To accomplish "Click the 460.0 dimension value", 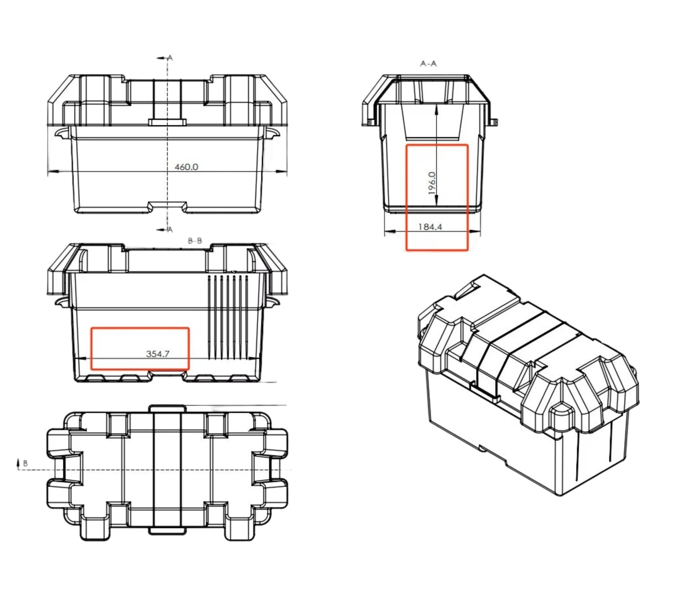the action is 186,167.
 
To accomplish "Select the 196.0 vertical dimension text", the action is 432,183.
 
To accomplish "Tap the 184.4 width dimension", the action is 430,227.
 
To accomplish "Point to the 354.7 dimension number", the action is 158,354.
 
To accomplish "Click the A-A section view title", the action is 428,64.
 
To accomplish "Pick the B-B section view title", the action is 195,241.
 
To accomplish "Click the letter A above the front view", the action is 170,58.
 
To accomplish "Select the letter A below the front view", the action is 170,230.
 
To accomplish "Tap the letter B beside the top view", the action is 25,463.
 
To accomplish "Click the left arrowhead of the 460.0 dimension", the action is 52,171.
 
